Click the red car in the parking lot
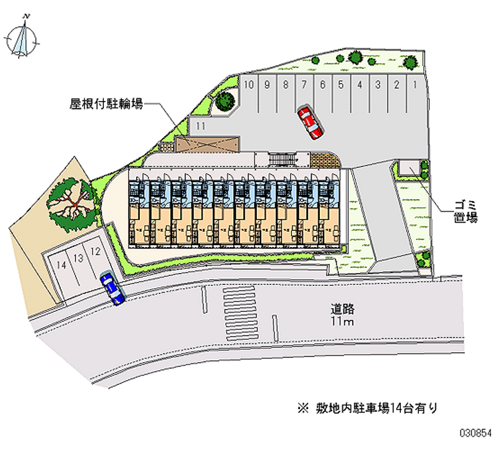tap(309, 123)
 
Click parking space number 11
tap(199, 126)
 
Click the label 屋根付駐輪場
tap(106, 105)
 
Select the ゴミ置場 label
tap(464, 210)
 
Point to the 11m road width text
tap(342, 322)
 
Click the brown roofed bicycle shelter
tap(207, 144)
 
